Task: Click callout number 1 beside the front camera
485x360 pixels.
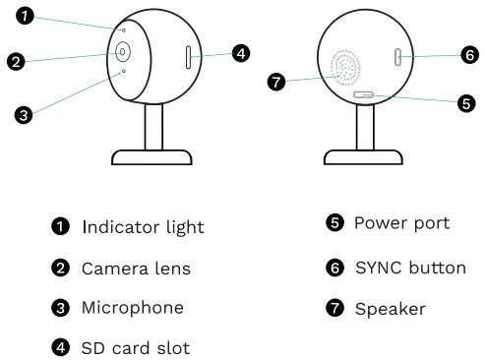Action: pos(27,16)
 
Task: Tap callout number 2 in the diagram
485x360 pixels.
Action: pos(16,62)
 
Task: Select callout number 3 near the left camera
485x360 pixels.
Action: pos(26,114)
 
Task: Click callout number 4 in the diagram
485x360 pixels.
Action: pos(240,53)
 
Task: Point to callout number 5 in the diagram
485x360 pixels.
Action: pos(466,102)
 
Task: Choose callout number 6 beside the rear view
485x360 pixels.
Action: pos(468,56)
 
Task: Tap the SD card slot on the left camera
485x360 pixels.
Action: pos(187,57)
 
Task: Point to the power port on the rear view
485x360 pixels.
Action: pos(364,94)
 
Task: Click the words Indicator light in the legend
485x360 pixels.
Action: pos(143,227)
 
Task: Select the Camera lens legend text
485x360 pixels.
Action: pos(136,268)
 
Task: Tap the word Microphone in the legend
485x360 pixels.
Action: pos(132,308)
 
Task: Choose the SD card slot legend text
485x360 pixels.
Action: pos(135,347)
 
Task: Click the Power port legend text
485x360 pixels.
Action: pos(401,223)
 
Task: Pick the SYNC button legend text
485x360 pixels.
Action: pos(409,267)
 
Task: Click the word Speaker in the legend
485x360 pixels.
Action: pos(390,309)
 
